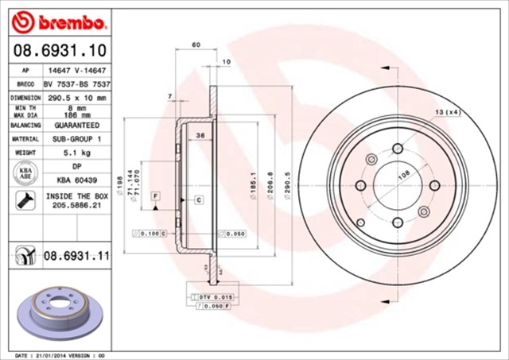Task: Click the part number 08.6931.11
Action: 76,257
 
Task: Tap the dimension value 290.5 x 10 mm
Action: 76,97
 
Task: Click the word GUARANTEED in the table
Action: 76,126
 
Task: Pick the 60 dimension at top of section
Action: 196,45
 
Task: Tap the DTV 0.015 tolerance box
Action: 208,296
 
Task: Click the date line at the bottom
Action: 60,355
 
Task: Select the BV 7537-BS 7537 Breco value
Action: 76,83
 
